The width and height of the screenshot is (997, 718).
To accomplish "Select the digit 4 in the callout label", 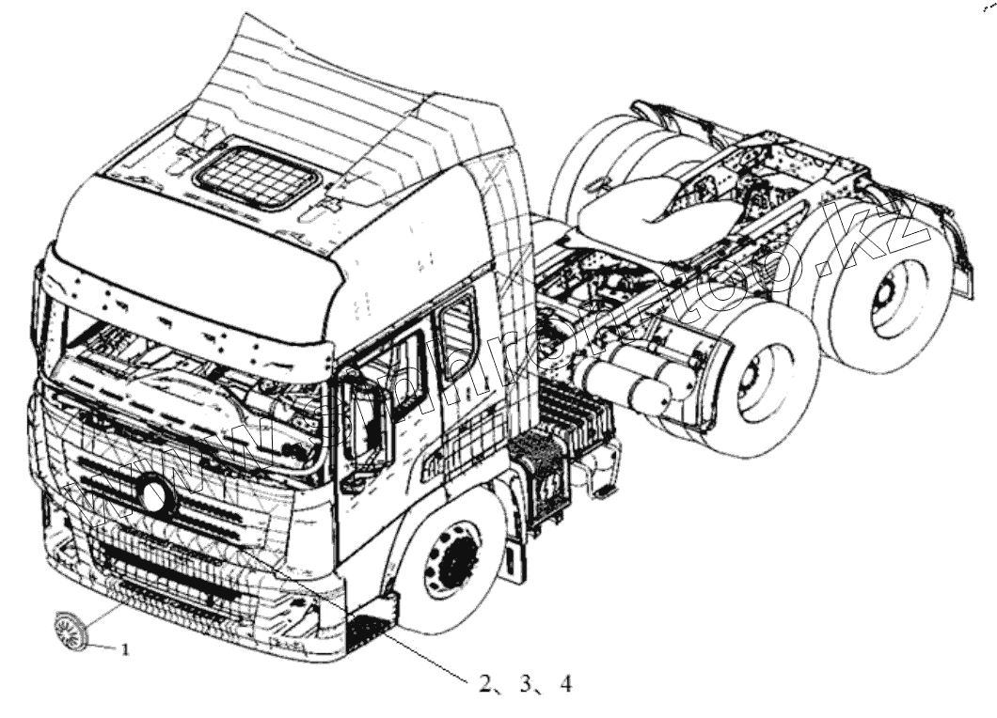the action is (x=564, y=685).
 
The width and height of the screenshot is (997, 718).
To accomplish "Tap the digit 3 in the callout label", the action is (x=525, y=685).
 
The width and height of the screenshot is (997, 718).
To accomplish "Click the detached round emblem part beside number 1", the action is (x=69, y=627).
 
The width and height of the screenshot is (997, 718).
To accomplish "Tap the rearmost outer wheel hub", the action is (x=889, y=300).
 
